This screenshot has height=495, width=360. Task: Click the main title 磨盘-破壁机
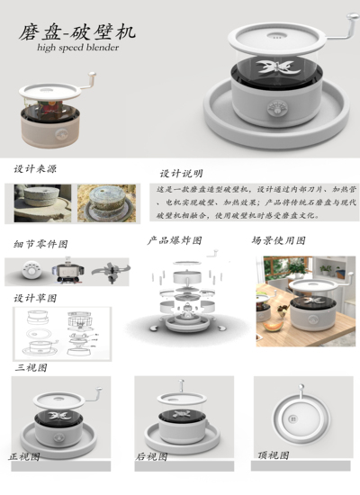point(78,32)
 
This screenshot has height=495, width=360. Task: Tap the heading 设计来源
point(37,168)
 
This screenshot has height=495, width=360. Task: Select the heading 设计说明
point(181,173)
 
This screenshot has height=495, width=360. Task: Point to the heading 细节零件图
point(41,244)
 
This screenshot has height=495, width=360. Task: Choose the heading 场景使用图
point(278,241)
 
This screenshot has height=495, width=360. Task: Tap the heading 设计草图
point(36,297)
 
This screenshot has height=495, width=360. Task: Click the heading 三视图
point(31,367)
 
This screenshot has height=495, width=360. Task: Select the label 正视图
point(25,456)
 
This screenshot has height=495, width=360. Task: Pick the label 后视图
point(151,456)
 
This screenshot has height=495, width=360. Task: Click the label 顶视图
point(274,454)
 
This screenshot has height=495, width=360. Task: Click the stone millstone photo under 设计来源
point(42,203)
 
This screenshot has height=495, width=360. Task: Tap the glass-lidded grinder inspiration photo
point(105,203)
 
